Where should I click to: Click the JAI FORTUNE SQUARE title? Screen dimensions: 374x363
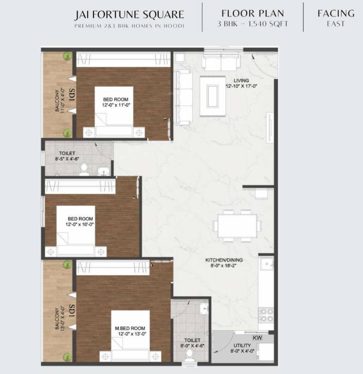(129, 14)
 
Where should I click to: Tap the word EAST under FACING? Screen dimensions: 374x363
(336, 23)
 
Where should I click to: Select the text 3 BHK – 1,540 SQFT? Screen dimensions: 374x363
(253, 23)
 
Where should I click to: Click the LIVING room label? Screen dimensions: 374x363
(241, 80)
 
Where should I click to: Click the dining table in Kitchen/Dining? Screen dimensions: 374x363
(236, 225)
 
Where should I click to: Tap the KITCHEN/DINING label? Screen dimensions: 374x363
(224, 260)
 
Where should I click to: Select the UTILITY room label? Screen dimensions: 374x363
(242, 346)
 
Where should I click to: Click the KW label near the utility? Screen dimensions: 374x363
(257, 337)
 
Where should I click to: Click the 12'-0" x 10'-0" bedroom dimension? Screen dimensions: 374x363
(80, 225)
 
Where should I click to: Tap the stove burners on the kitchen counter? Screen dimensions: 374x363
(266, 315)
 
